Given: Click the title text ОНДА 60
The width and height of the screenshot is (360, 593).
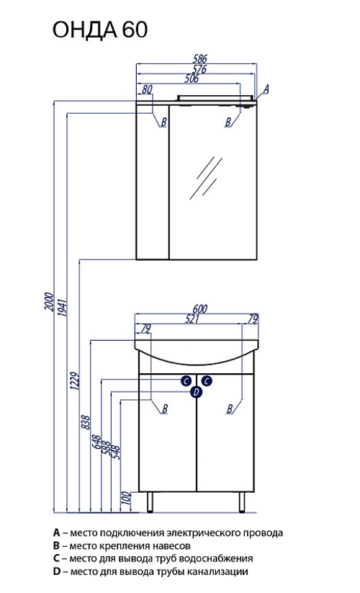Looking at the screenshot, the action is point(100,30).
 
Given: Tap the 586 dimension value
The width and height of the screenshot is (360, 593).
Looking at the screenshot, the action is point(200,58).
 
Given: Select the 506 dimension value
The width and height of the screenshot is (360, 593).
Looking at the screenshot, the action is point(192,79).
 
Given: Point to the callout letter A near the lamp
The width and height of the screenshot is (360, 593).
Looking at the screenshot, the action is point(266,89).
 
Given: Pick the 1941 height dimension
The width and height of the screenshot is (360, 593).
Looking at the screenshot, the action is point(63,308).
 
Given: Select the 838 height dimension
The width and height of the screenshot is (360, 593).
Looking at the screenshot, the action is point(86,422).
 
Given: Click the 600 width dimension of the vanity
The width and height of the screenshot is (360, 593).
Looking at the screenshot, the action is point(200,309).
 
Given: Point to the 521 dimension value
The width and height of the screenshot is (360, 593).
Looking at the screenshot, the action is point(192,318).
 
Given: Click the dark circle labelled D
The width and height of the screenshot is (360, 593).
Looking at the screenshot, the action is point(196,392).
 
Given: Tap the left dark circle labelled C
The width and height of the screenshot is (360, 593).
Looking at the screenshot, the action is point(186,380).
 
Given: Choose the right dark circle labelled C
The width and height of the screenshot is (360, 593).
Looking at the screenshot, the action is point(206,380).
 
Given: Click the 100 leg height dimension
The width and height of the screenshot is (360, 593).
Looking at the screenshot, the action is point(127,498).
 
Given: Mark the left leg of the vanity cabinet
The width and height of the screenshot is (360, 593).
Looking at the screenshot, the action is point(150,502).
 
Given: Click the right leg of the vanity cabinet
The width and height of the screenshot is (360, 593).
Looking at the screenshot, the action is point(242,502).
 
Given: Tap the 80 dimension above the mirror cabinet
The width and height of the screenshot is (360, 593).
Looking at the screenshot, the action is point(147,89).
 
